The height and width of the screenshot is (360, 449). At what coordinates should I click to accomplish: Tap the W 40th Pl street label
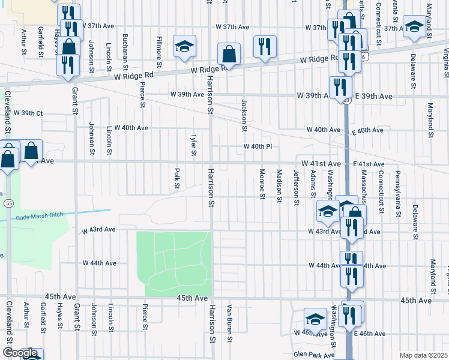258,147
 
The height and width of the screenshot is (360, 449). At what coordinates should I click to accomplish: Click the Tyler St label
194,145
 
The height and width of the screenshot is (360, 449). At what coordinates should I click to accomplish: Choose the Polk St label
177,178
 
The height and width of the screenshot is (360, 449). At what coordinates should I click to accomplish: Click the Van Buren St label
229,323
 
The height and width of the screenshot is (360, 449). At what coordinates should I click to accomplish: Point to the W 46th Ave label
307,332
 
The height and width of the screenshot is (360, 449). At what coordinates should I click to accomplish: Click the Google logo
20,353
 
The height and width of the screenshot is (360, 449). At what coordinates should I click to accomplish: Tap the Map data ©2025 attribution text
423,355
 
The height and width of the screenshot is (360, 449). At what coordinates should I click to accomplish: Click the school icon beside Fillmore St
185,47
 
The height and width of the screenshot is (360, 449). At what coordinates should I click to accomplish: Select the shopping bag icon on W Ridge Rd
229,54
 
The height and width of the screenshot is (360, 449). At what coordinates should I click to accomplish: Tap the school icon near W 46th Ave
315,319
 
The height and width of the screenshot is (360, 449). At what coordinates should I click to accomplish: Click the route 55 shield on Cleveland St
8,203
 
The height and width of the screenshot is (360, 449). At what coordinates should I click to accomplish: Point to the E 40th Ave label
369,130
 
